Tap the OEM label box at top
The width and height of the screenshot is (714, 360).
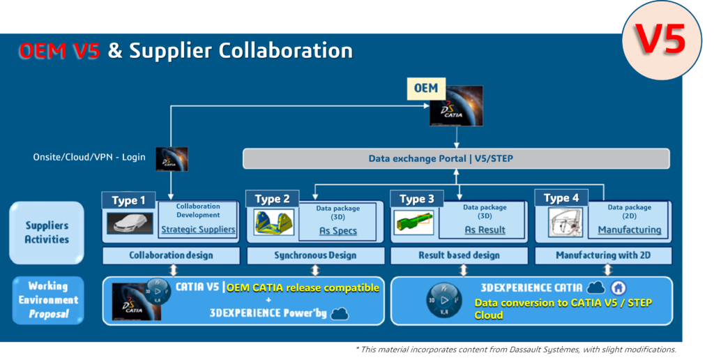click(x=425, y=88)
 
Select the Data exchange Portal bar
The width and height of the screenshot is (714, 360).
click(x=455, y=158)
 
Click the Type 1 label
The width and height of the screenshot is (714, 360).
click(x=129, y=200)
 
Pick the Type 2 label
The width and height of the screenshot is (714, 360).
click(x=273, y=199)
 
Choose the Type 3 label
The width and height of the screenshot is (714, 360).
click(x=417, y=199)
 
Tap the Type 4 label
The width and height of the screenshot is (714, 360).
click(x=561, y=198)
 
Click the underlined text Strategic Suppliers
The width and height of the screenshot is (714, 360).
click(x=198, y=230)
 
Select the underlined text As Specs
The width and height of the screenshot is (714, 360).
click(x=338, y=231)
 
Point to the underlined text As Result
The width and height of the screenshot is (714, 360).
click(x=485, y=230)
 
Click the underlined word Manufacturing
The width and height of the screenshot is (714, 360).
click(x=629, y=230)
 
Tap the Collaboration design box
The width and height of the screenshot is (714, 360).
click(x=171, y=255)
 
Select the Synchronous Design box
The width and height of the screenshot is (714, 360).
click(x=315, y=255)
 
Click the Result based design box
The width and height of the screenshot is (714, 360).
click(x=459, y=255)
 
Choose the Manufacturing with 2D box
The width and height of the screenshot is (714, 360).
click(x=603, y=255)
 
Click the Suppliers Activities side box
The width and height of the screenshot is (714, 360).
click(x=47, y=232)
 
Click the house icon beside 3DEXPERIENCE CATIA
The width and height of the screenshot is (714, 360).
click(x=618, y=288)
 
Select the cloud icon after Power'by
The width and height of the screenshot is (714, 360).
click(x=340, y=314)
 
